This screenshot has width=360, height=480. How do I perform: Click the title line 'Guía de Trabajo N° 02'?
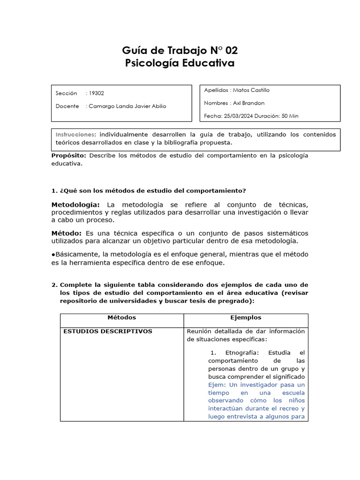(180, 51)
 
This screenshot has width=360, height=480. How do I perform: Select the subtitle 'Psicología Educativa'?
(180, 63)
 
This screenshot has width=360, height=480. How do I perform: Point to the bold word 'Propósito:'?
(68, 156)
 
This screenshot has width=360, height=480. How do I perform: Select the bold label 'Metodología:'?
(75, 205)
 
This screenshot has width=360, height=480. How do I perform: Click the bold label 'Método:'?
(67, 233)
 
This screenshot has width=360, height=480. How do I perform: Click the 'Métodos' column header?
(122, 317)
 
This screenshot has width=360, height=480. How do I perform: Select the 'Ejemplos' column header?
(246, 317)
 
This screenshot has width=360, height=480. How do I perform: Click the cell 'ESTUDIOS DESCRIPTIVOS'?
(108, 331)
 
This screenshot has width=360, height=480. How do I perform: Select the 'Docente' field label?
(67, 106)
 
